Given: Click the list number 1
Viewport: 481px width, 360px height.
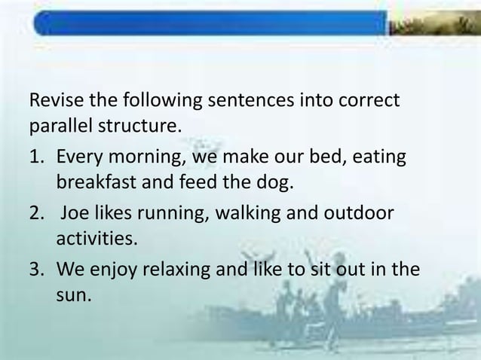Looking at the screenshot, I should click(34, 159).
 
